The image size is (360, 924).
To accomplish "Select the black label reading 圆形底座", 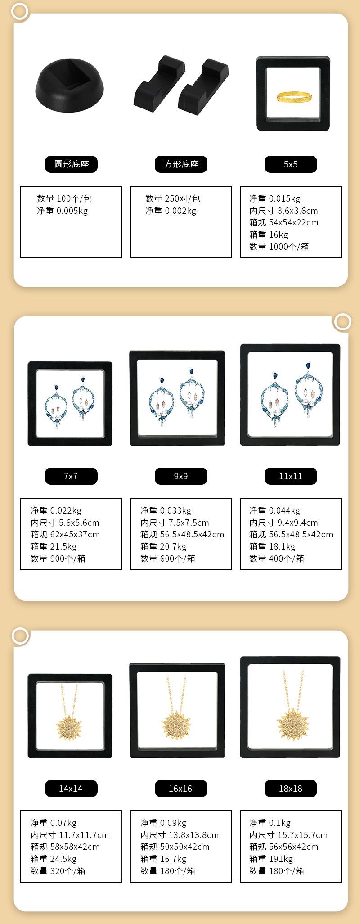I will coord(71,164).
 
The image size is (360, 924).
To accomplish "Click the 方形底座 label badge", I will coord(181,164).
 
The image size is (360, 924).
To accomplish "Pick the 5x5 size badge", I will coord(291,164).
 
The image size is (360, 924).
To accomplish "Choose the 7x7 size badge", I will coord(71,476).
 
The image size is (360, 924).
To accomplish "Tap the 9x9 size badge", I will coord(181,476).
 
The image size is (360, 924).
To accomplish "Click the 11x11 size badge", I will coord(291,476).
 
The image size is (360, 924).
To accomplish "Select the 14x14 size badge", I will coord(71,789).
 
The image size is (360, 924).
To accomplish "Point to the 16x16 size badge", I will coord(181,789).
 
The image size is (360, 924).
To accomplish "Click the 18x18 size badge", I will coord(291,789).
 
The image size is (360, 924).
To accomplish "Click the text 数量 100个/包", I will coord(64,198).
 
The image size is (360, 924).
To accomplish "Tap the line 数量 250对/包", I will coord(172,198).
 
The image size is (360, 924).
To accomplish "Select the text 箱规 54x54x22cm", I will coord(283,222).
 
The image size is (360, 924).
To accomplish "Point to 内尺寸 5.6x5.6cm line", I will coord(65,523).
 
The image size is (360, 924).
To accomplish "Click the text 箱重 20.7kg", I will coord(163,546).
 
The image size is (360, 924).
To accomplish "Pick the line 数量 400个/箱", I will coord(276,559).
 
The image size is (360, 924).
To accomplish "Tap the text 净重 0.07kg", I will coord(54,823).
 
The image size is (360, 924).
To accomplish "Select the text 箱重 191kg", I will coord(271,859).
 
